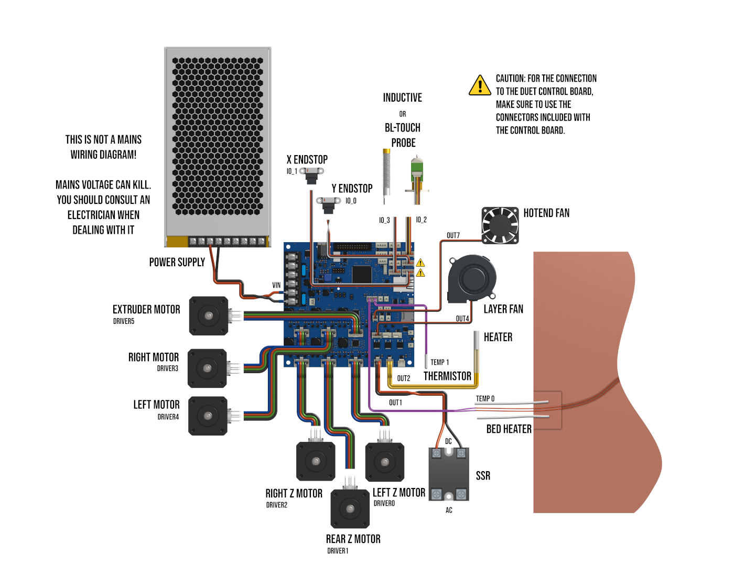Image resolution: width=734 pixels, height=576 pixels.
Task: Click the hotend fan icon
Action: click(x=500, y=225)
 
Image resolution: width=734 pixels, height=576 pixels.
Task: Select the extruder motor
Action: click(x=209, y=316)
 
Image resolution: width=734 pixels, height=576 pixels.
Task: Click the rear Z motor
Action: click(x=350, y=508)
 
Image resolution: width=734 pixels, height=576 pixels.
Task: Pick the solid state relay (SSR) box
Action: click(x=449, y=474)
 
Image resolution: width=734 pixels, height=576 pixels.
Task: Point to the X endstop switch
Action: click(x=312, y=175)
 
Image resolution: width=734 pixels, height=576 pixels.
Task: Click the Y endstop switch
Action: click(x=329, y=204)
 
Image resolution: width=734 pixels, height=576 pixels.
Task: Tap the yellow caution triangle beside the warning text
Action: click(x=480, y=85)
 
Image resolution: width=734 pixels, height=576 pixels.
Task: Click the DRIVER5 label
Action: click(x=124, y=321)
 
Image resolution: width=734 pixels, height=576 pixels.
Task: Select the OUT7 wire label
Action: click(x=453, y=235)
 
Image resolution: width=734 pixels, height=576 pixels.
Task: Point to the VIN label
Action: click(x=276, y=285)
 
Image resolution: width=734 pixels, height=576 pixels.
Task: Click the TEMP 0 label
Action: click(x=485, y=398)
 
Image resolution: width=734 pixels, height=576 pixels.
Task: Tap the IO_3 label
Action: click(x=384, y=220)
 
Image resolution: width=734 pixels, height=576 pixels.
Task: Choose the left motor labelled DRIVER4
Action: click(x=208, y=416)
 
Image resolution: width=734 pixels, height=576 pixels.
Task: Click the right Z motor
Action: click(x=316, y=461)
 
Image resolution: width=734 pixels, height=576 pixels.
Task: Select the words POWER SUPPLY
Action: click(x=177, y=262)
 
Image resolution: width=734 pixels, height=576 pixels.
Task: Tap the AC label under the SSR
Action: click(x=449, y=510)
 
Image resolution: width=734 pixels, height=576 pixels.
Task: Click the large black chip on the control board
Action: click(x=362, y=274)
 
